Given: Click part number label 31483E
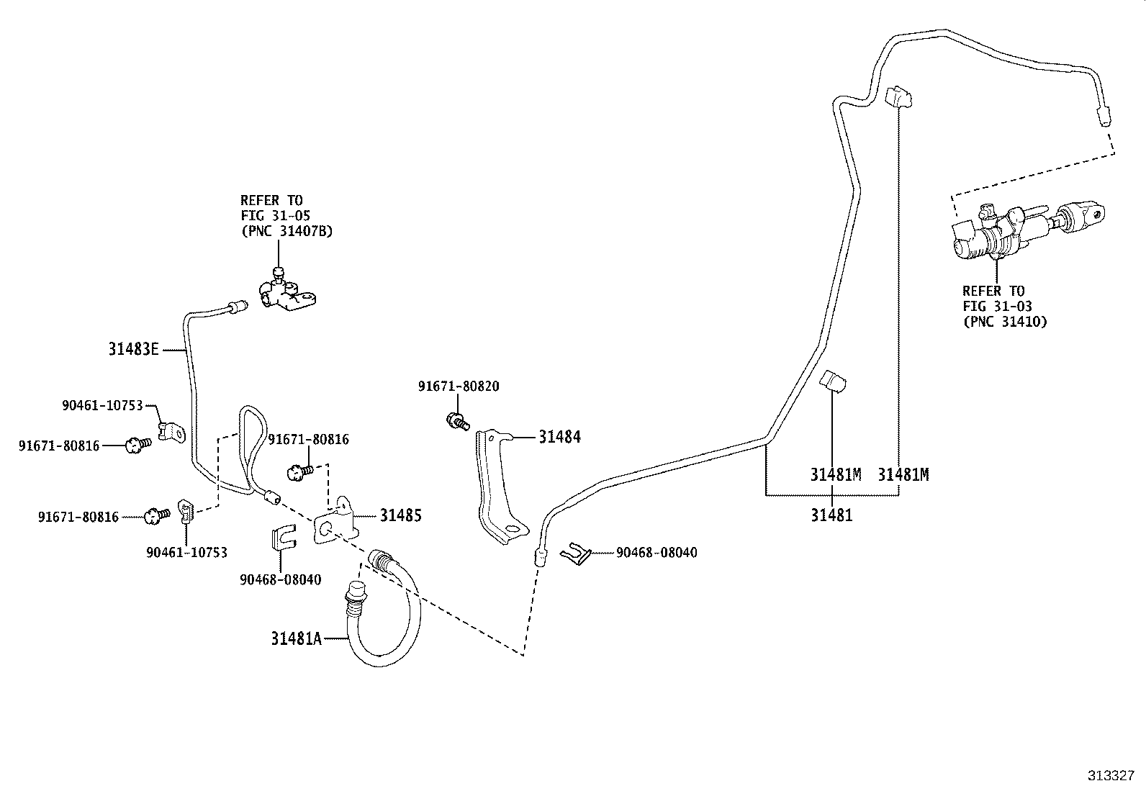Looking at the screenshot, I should tap(132, 350).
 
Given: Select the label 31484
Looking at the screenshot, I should tap(559, 437).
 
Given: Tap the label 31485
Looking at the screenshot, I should tap(400, 515).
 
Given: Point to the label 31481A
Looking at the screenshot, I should tap(296, 638).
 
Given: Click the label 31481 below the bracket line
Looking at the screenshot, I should tap(831, 515).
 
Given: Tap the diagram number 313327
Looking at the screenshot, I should tap(1111, 776).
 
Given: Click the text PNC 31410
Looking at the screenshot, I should tap(1005, 322).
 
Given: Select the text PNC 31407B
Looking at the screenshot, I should tap(286, 231).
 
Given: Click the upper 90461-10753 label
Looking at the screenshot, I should tap(102, 406).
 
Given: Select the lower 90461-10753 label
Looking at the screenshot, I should tap(186, 552).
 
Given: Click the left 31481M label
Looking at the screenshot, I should tap(835, 475).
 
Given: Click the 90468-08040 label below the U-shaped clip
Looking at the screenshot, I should tap(281, 579).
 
